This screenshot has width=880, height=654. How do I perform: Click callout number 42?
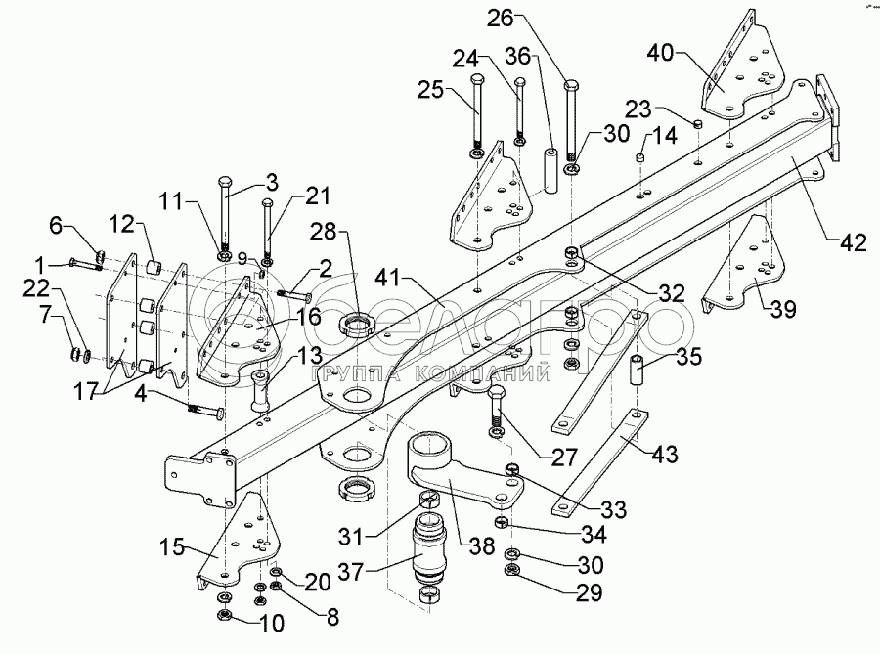[852, 244]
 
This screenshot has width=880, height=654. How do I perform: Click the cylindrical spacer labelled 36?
[550, 166]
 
